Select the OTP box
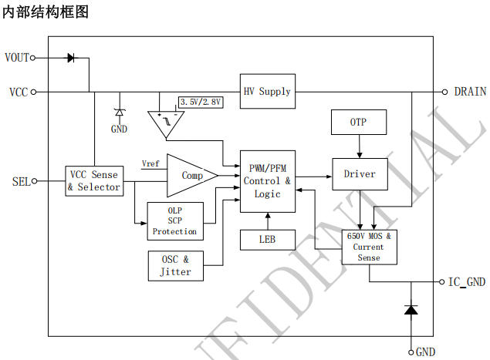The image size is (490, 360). [x=358, y=123]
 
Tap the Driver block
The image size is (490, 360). [x=360, y=174]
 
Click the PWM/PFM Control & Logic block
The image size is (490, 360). [x=267, y=181]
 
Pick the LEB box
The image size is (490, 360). [x=267, y=240]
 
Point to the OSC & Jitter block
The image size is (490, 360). [x=175, y=265]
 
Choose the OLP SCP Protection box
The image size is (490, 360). [x=174, y=220]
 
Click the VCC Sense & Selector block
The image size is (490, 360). [x=94, y=181]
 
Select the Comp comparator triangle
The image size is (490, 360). [x=190, y=176]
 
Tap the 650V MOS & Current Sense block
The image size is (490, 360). [x=369, y=247]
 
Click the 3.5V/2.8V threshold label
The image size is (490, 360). [x=201, y=102]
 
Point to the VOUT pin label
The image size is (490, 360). [x=17, y=58]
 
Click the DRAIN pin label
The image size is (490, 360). [x=470, y=92]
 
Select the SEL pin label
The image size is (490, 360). [x=21, y=182]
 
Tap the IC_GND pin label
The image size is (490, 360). [x=468, y=282]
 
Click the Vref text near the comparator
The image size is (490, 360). [x=151, y=163]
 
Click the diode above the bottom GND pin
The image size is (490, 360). [x=411, y=310]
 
